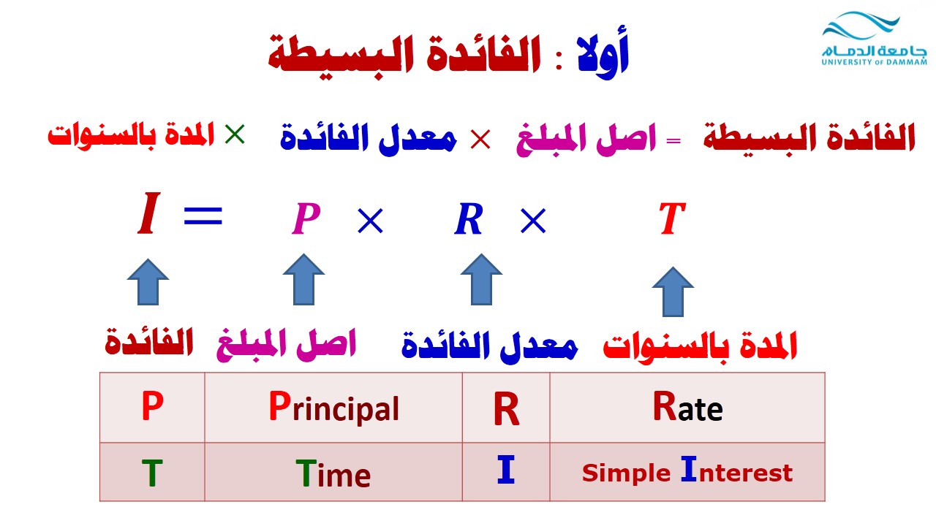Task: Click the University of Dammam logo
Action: coord(874,39)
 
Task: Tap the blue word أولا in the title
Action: coord(603,55)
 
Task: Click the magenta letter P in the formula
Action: coord(306,218)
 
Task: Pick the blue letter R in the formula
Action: coord(469,218)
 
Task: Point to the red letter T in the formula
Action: coord(672,218)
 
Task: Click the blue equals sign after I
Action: coord(203,216)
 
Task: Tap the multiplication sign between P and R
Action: coord(370,221)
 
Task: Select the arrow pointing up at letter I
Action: coord(148,282)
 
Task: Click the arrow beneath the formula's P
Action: coord(303,279)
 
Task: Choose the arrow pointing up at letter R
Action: coord(481,279)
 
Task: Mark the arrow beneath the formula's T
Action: coord(673,291)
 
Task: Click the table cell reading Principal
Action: coord(333,408)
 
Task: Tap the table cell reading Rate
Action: coord(687,408)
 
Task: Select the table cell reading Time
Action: coord(333,472)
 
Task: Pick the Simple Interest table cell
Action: coord(687,472)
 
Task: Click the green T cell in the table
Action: coord(152,472)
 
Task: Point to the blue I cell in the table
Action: coord(506,472)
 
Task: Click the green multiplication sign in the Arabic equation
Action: coord(235,134)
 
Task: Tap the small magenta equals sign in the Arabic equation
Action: coord(673,141)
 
